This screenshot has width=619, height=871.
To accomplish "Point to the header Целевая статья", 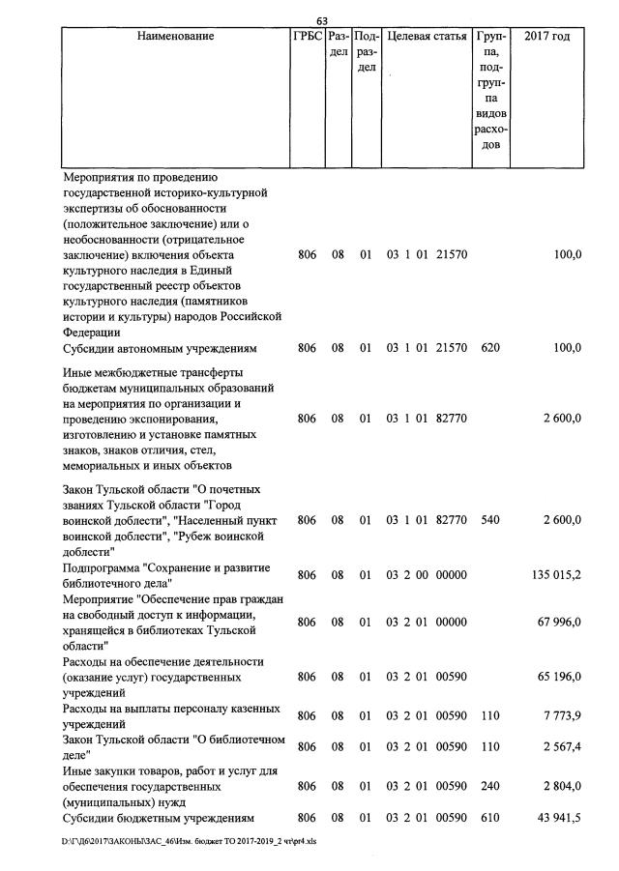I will coord(427,37).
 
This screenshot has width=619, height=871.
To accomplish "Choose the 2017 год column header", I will coord(546,37).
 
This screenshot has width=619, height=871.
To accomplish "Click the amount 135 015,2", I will coord(556,575).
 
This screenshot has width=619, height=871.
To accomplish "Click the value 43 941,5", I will coord(559,818).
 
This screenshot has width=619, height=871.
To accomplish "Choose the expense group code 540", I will coord(490,520).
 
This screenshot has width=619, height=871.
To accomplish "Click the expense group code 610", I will coord(490,818).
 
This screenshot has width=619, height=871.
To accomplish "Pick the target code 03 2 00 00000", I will coord(427,575).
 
